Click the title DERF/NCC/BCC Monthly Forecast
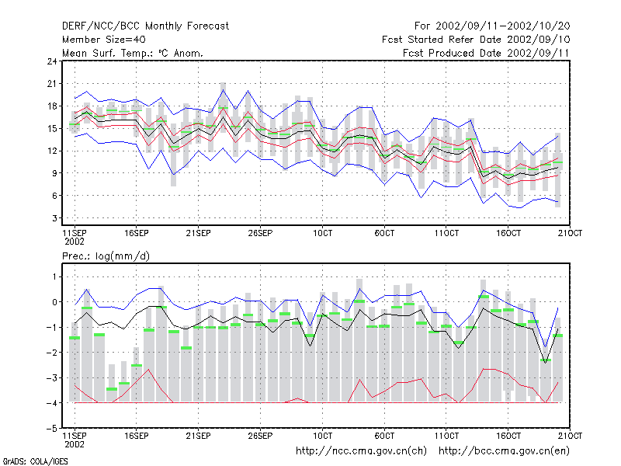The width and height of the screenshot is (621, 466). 145,26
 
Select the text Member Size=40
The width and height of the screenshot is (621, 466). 104,40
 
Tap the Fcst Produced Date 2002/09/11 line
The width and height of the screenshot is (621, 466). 486,53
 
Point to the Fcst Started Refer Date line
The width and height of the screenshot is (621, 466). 476,40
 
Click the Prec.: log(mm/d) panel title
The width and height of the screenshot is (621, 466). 106,256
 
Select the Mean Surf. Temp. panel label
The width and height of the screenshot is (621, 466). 132,53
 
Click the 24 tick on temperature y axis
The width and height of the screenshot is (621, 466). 52,61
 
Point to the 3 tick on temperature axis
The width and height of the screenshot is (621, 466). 54,218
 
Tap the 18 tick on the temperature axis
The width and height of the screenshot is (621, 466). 52,106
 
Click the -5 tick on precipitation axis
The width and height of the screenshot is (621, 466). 52,429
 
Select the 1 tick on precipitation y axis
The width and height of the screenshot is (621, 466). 54,276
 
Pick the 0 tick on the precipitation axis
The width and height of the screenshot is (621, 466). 54,302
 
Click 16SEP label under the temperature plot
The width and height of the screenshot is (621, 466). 137,233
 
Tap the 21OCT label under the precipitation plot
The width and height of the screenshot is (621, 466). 570,436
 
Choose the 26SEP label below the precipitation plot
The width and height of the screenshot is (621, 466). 260,436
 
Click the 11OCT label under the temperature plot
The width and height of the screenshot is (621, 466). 446,233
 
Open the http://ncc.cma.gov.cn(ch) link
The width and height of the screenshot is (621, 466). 361,451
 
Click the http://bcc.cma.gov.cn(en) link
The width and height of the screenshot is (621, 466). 504,451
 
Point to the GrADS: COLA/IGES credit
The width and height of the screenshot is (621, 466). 35,461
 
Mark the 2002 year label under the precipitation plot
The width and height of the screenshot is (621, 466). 75,444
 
